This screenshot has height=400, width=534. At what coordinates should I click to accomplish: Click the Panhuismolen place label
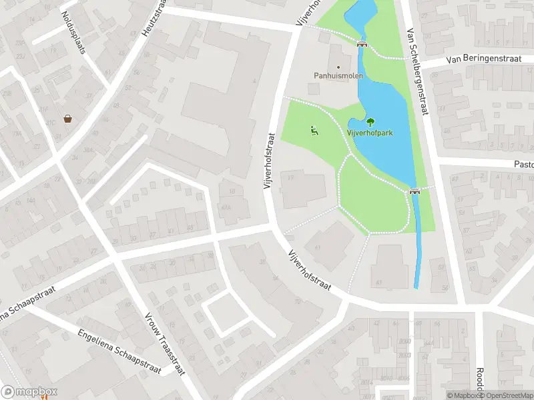338,76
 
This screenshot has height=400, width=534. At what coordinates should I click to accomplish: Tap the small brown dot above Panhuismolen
338,67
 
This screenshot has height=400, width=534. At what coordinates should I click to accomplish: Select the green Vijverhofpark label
369,133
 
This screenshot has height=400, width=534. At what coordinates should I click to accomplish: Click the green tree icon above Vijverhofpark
370,121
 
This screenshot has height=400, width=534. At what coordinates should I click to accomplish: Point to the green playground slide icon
314,130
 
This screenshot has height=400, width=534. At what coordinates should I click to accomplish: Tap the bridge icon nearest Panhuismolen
362,44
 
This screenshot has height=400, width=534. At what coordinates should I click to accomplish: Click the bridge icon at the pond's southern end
414,192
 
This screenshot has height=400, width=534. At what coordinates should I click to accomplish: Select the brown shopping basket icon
68,119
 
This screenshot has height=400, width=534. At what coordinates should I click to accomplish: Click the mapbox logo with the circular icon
29,392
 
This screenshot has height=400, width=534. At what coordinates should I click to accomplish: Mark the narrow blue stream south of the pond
418,247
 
